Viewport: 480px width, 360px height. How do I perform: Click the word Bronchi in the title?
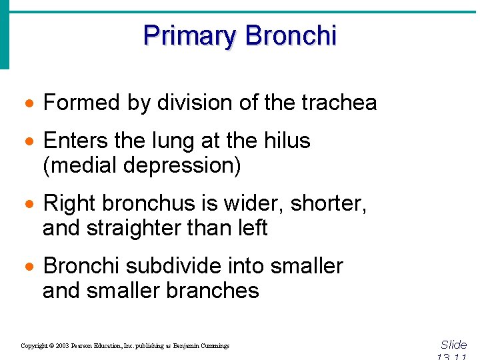click(x=291, y=35)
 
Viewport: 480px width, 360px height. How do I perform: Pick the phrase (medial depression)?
click(x=141, y=165)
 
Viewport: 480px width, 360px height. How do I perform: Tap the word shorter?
click(x=337, y=203)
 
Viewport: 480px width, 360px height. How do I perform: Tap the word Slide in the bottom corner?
click(x=454, y=345)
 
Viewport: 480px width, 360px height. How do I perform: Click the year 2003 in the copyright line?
click(x=61, y=346)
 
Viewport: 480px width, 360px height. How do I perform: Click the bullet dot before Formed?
click(x=29, y=104)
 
